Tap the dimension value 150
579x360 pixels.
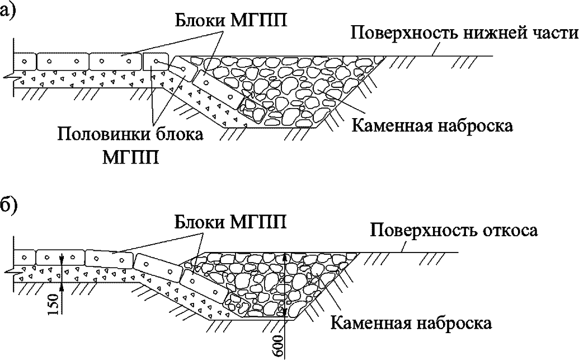tap(54, 304)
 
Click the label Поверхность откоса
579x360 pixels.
tap(454, 231)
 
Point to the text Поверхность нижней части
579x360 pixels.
tap(464, 34)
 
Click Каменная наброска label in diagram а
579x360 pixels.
tap(432, 126)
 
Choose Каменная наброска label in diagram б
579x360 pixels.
tap(411, 323)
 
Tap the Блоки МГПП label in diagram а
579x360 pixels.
tap(231, 21)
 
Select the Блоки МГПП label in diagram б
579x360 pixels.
tap(231, 222)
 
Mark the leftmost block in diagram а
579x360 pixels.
tap(25, 61)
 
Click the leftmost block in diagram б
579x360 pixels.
tap(25, 257)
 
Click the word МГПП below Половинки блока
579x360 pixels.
tap(130, 157)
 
